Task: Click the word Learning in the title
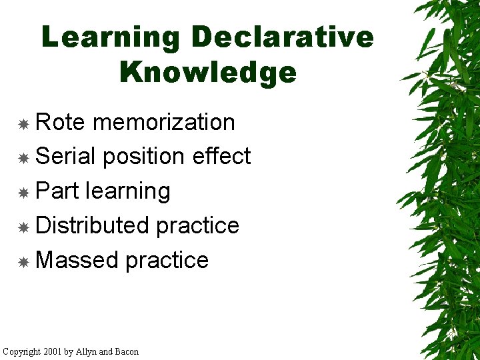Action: (111, 37)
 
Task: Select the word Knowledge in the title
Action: (208, 72)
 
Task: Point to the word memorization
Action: (164, 123)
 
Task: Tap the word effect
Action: (221, 157)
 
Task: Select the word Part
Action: (58, 191)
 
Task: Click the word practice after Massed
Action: (167, 261)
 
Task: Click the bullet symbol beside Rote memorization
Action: (23, 124)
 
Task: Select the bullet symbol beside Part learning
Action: (23, 193)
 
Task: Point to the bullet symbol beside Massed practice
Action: (23, 262)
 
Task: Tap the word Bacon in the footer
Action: (127, 351)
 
